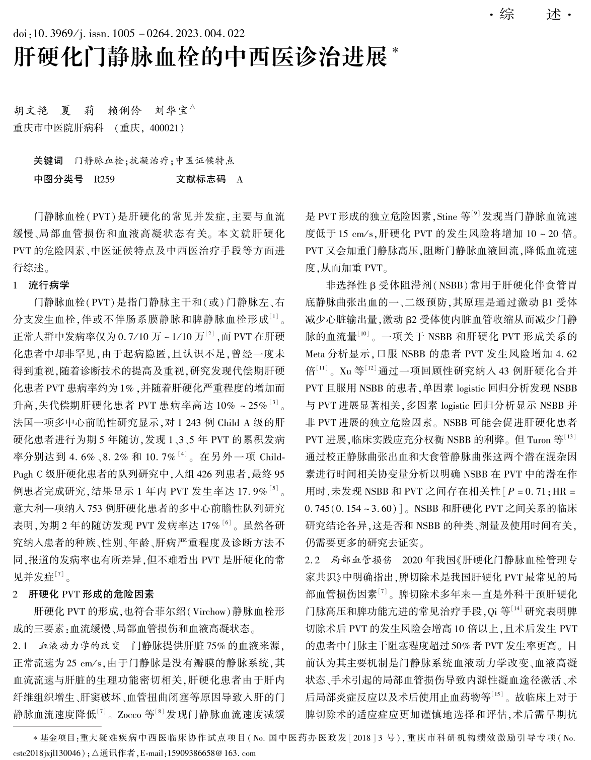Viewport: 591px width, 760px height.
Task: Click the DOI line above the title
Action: tap(129, 34)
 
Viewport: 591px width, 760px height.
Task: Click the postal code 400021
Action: tap(163, 128)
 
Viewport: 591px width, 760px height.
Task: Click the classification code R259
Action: tap(104, 179)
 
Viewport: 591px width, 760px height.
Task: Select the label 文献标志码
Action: tap(201, 179)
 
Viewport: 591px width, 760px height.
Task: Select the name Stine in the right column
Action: tap(447, 217)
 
